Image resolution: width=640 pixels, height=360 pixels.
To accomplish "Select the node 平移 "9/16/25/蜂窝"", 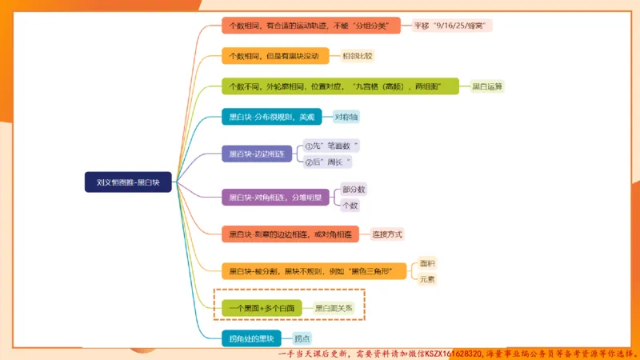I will click(x=452, y=26).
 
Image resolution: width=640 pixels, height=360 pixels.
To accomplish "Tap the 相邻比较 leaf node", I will click(x=358, y=56).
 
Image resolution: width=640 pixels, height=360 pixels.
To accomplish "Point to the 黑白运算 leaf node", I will click(x=487, y=86).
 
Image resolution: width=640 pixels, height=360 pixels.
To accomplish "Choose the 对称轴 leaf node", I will click(x=346, y=117).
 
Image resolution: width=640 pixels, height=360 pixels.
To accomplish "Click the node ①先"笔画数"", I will click(x=331, y=146).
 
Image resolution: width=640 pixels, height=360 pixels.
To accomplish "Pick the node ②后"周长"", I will click(x=328, y=162).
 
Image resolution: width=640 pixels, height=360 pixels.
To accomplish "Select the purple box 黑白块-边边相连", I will click(x=257, y=154).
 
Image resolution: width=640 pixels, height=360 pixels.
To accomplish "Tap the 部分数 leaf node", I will click(x=353, y=190).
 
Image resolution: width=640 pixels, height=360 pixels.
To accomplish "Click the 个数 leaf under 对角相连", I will click(x=350, y=205).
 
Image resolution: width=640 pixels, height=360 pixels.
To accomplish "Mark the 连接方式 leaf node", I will click(x=387, y=234).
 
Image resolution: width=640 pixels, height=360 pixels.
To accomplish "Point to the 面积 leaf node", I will click(x=427, y=263).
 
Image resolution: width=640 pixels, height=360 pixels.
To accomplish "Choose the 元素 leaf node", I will click(x=427, y=278).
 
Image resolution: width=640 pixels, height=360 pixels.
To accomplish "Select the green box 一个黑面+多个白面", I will click(x=262, y=307).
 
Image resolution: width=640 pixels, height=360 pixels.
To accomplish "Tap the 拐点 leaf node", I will click(x=302, y=338).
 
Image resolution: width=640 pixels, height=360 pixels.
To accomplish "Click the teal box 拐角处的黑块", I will click(x=251, y=338).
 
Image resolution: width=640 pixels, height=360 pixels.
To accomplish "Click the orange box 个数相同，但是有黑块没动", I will click(x=274, y=56).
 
